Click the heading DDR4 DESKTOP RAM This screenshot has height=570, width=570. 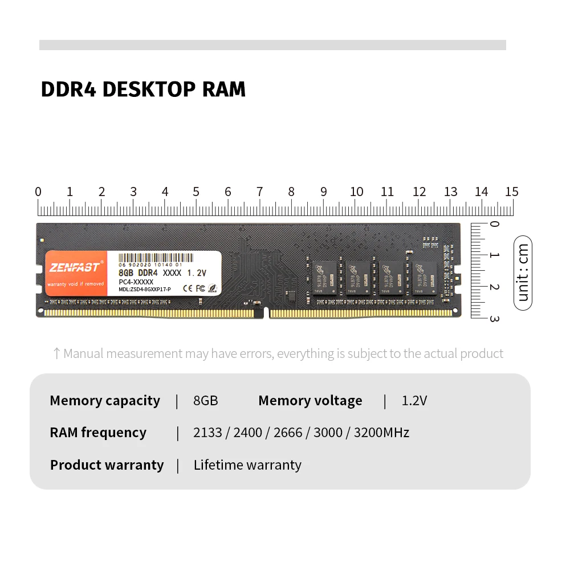point(143,89)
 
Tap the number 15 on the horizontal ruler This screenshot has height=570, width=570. point(511,192)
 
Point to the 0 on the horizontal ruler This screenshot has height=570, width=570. point(38,192)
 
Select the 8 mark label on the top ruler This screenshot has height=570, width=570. point(291,192)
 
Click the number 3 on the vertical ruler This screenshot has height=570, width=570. point(494,318)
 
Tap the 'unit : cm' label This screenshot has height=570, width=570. point(523,272)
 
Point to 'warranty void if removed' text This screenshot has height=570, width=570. point(76,283)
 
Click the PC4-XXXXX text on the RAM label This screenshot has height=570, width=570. point(136,282)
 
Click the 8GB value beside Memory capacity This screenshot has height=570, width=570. point(206,401)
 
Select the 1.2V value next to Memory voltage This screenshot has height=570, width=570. point(414,401)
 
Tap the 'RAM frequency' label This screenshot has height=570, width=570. point(98,433)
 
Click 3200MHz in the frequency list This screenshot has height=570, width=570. point(381,433)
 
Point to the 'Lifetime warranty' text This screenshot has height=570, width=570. point(247,465)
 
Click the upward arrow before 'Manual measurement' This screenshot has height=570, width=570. point(56,354)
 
